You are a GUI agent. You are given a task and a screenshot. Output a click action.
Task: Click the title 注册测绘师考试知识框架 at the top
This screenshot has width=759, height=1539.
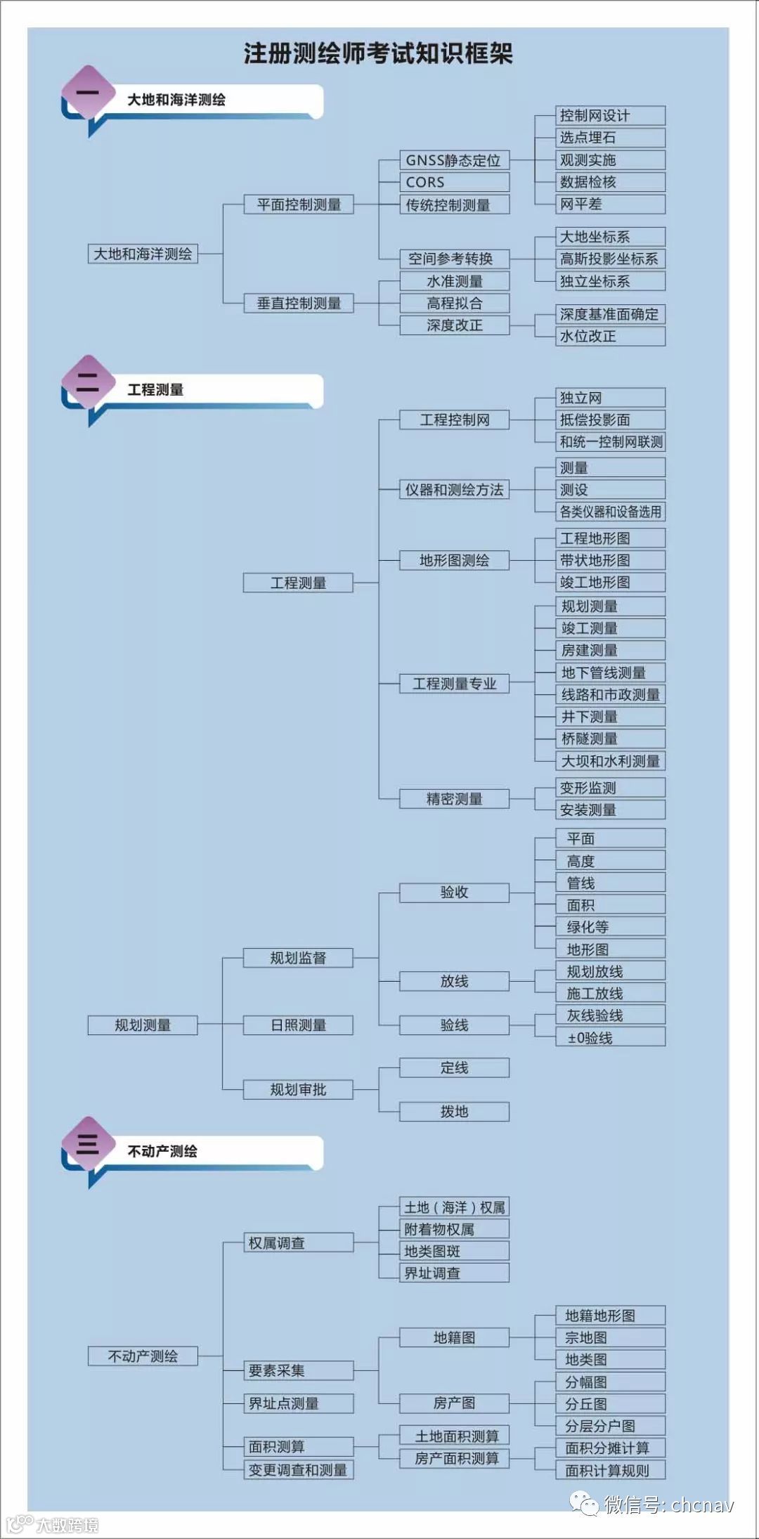click(x=378, y=53)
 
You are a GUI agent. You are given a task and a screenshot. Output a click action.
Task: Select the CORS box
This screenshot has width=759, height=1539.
click(x=454, y=182)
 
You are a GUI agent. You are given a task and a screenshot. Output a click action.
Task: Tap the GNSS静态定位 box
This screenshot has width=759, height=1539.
click(x=454, y=160)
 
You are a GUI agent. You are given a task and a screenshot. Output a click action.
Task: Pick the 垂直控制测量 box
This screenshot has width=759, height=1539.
click(x=298, y=303)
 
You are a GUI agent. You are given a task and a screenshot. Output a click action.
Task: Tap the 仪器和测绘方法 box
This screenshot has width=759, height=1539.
click(x=454, y=490)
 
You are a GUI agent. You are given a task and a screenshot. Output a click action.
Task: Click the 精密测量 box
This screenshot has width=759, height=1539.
click(x=454, y=799)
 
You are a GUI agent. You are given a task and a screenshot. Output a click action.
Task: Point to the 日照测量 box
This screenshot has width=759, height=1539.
click(x=298, y=1025)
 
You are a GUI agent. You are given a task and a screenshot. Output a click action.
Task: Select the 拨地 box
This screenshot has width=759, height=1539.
click(x=454, y=1112)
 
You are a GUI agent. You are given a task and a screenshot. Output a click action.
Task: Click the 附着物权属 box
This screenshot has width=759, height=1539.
click(x=454, y=1229)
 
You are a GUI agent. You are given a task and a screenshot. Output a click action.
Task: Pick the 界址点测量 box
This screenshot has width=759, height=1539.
click(x=298, y=1403)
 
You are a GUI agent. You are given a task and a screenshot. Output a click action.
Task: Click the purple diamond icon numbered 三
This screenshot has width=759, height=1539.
click(x=88, y=1144)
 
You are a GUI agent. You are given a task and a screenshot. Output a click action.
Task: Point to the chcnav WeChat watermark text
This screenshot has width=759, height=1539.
click(x=668, y=1504)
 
